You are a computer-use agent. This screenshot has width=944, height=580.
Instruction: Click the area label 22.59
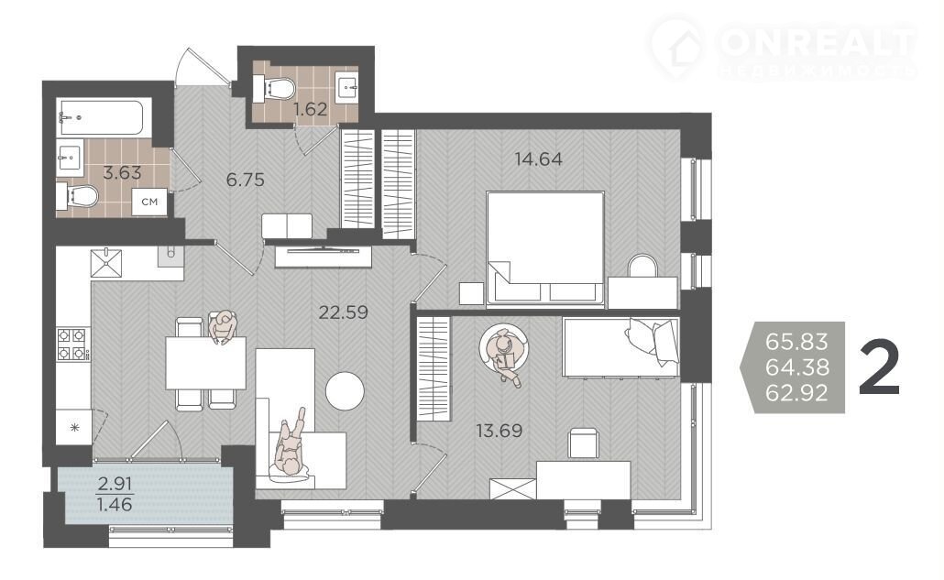click(x=343, y=312)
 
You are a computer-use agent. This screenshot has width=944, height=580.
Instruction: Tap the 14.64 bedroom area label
click(x=539, y=159)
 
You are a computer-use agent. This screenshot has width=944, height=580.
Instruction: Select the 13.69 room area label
click(x=499, y=431)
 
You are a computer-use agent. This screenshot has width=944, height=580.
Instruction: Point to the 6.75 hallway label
click(x=245, y=180)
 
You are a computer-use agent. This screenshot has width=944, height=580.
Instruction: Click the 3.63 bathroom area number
click(x=122, y=172)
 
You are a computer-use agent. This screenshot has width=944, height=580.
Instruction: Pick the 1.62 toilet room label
click(x=311, y=109)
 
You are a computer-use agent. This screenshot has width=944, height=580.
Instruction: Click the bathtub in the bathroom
click(x=100, y=116)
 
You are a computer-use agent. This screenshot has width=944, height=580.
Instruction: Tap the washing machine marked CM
click(x=149, y=202)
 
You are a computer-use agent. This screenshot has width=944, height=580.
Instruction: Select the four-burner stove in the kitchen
click(x=73, y=345)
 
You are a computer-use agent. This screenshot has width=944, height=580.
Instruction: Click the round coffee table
click(x=345, y=391)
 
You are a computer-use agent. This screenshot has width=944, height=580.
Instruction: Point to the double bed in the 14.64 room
click(x=544, y=248)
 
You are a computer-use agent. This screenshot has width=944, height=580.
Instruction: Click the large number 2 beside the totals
click(x=880, y=367)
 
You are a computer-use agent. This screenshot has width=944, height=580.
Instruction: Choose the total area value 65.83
click(x=797, y=341)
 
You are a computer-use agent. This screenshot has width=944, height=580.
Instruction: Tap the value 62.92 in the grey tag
click(x=797, y=393)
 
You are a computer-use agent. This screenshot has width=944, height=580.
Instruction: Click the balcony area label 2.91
click(x=115, y=483)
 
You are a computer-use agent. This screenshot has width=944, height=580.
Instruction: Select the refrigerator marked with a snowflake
click(x=74, y=427)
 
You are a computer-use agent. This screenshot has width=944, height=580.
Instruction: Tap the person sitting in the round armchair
click(x=504, y=356)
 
